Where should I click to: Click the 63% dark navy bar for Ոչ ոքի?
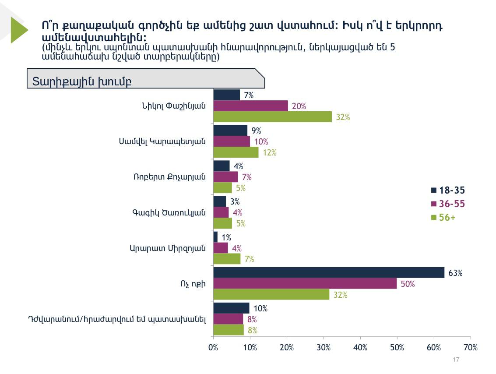pyautogui.click(x=328, y=272)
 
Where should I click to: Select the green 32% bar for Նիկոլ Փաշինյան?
pyautogui.click(x=272, y=117)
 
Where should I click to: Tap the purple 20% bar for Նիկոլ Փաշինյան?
pyautogui.click(x=250, y=106)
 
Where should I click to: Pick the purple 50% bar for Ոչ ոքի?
pyautogui.click(x=305, y=283)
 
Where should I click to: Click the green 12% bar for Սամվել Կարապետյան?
pyautogui.click(x=236, y=152)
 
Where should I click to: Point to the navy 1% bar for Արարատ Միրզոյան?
pyautogui.click(x=215, y=237)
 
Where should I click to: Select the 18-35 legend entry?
pyautogui.click(x=448, y=190)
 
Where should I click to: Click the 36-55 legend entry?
pyautogui.click(x=448, y=204)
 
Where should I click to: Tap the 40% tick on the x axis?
pyautogui.click(x=360, y=348)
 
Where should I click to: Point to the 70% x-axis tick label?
pyautogui.click(x=470, y=348)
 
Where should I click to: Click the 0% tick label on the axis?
pyautogui.click(x=213, y=348)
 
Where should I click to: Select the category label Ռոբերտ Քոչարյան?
pyautogui.click(x=169, y=177)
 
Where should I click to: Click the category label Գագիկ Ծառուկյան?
pyautogui.click(x=169, y=212)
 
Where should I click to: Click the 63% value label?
pyautogui.click(x=455, y=273)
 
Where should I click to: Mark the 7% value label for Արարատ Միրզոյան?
pyautogui.click(x=250, y=259)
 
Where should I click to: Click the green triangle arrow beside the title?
pyautogui.click(x=18, y=29)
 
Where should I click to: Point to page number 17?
pyautogui.click(x=456, y=360)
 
